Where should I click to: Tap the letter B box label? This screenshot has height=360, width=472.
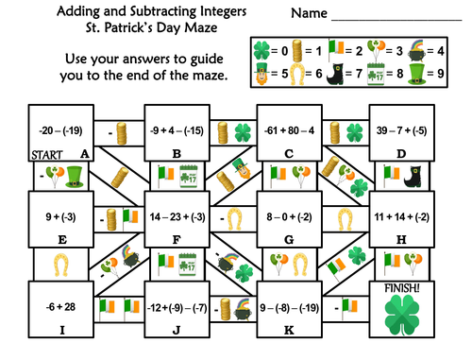coord(177,154)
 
